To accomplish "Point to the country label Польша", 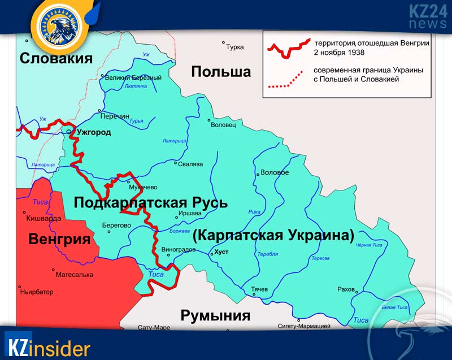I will (220, 72).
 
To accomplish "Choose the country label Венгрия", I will (59, 239).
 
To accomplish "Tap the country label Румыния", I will (215, 315).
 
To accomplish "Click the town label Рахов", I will (346, 289).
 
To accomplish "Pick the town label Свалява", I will (190, 165).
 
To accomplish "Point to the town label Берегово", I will (116, 225).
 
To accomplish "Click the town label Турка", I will (234, 47).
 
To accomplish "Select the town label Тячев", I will (259, 289).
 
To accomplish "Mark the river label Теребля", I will (267, 254).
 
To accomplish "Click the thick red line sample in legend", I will (288, 48).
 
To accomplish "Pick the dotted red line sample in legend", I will (288, 80).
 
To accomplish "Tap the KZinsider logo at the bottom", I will (47, 345).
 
